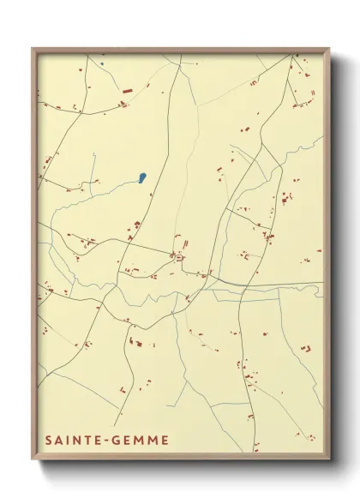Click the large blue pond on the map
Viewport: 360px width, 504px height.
pyautogui.click(x=141, y=178)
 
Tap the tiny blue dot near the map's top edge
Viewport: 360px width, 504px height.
pyautogui.click(x=101, y=63)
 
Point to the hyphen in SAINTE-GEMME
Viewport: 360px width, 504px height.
pyautogui.click(x=104, y=440)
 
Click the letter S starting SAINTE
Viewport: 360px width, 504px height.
pyautogui.click(x=48, y=440)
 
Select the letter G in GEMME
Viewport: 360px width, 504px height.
pyautogui.click(x=112, y=440)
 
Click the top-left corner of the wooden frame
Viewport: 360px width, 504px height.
pyautogui.click(x=33, y=48)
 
